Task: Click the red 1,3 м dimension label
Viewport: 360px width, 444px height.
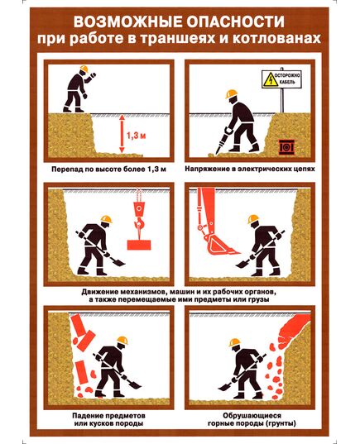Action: (136, 136)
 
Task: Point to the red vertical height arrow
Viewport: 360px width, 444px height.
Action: (122, 134)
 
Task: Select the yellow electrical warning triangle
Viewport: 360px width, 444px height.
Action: (271, 79)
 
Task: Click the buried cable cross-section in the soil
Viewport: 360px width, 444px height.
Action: (287, 147)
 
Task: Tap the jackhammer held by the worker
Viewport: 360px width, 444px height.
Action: (223, 141)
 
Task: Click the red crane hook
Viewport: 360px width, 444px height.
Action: (138, 224)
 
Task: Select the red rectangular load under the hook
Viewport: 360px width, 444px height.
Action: (139, 245)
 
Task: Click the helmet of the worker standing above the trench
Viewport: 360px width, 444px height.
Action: (84, 69)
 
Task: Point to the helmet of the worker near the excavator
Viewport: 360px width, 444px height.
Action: (253, 219)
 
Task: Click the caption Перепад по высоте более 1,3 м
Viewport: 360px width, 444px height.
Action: (108, 169)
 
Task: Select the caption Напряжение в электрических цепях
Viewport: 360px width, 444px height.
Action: (250, 169)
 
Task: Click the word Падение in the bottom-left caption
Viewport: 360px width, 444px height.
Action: (88, 416)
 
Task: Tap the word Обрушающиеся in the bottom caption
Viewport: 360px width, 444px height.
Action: (252, 416)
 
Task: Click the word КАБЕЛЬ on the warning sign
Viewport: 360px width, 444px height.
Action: (287, 82)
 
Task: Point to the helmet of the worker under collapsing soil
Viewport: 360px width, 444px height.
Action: (235, 342)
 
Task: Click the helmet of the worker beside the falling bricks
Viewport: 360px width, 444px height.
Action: (122, 341)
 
